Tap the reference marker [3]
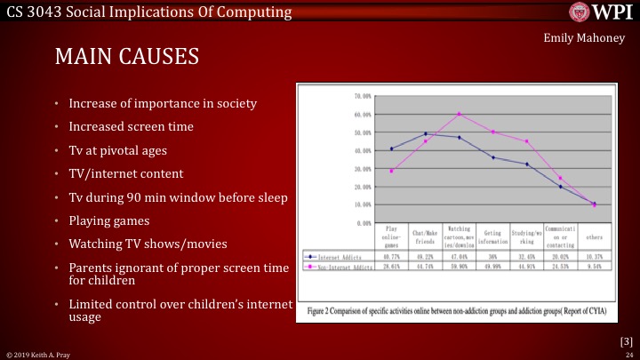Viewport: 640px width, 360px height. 626,340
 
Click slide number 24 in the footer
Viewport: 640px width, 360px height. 628,354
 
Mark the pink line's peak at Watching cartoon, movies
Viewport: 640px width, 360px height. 459,114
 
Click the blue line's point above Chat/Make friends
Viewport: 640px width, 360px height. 425,133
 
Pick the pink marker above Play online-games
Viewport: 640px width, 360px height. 391,171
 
